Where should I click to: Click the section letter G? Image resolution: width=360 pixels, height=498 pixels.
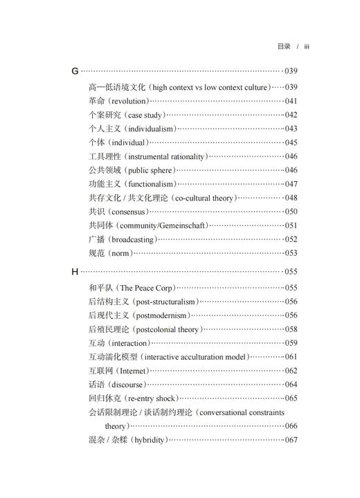tap(75, 71)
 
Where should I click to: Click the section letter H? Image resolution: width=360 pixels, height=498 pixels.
tap(75, 272)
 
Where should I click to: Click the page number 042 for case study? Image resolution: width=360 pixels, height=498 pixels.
tap(291, 115)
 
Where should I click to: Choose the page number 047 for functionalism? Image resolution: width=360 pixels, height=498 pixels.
tap(291, 184)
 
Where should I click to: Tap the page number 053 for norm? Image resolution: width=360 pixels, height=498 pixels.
tap(291, 253)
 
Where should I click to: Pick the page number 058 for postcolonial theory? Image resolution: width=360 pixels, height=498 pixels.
tap(291, 329)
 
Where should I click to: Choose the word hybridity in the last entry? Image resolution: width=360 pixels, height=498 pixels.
tap(146, 440)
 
